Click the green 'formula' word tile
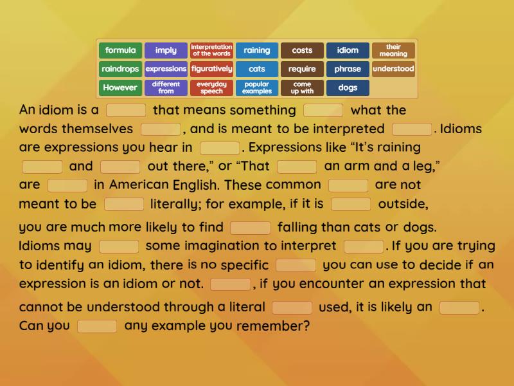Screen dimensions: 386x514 [x=121, y=50]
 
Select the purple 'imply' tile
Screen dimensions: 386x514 [x=166, y=50]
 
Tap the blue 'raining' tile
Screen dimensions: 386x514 [x=257, y=50]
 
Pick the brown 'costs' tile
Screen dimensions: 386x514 [x=302, y=50]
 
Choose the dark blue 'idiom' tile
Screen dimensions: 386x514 [x=348, y=50]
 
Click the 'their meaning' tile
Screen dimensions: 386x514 [x=393, y=50]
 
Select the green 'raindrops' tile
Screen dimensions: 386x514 [x=121, y=69]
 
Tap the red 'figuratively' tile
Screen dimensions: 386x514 [x=211, y=69]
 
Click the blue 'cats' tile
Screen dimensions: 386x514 [x=257, y=69]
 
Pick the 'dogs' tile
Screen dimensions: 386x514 [x=348, y=87]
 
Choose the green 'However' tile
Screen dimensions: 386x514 [x=121, y=87]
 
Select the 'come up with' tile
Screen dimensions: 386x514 [x=302, y=87]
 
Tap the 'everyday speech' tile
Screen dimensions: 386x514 [x=211, y=87]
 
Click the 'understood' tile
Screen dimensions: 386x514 [x=393, y=69]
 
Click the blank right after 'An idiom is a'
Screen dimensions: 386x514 [x=126, y=110]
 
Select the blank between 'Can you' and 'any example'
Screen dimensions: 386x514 [x=97, y=326]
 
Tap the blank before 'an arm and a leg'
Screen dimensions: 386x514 [x=297, y=167]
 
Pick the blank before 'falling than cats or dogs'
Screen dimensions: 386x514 [x=250, y=227]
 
